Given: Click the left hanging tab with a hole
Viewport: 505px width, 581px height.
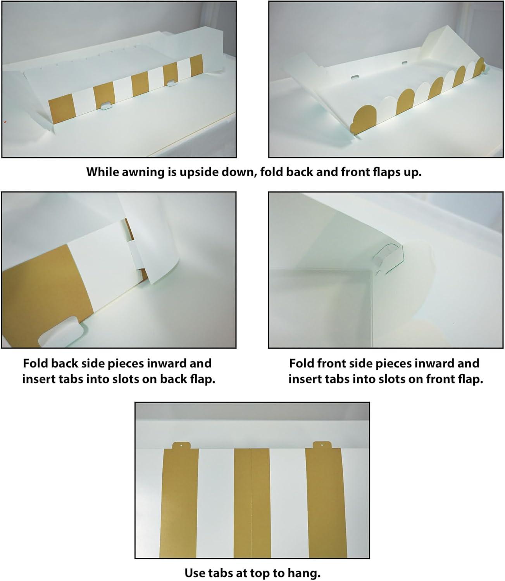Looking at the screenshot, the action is [181, 445].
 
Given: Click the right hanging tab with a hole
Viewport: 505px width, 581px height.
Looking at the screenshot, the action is [322, 445].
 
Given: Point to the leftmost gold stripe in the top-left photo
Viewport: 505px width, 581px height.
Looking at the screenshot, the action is [62, 109].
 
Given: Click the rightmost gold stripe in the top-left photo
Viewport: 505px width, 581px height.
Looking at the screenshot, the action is [196, 65].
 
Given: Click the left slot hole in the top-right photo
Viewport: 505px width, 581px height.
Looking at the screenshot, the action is [355, 77].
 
